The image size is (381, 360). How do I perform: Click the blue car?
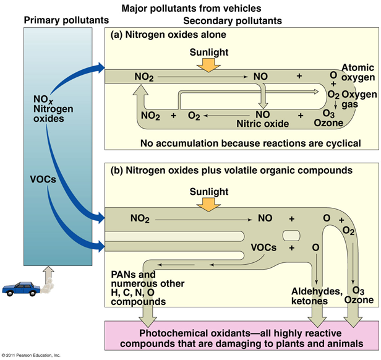tap(20, 289)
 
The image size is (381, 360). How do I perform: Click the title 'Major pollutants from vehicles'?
tap(192, 9)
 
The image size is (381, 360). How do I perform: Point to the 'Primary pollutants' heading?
tap(60, 21)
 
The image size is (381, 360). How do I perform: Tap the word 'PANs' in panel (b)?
tap(123, 274)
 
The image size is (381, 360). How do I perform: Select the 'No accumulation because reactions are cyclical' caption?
tap(250, 143)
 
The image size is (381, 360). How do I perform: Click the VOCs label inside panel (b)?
tap(264, 247)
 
